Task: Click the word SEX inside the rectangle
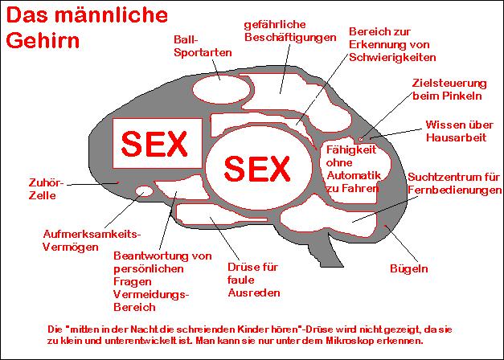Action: pos(154,144)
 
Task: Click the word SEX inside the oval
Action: pos(256,168)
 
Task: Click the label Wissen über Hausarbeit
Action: pos(458,131)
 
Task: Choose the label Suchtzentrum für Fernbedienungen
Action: pos(454,182)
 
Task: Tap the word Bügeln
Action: pos(408,268)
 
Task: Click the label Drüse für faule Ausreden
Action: pos(253,280)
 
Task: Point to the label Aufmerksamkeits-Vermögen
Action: pos(91,240)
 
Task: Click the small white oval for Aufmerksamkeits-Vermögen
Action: pos(144,191)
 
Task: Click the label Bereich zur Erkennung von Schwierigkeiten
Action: pos(392,44)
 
